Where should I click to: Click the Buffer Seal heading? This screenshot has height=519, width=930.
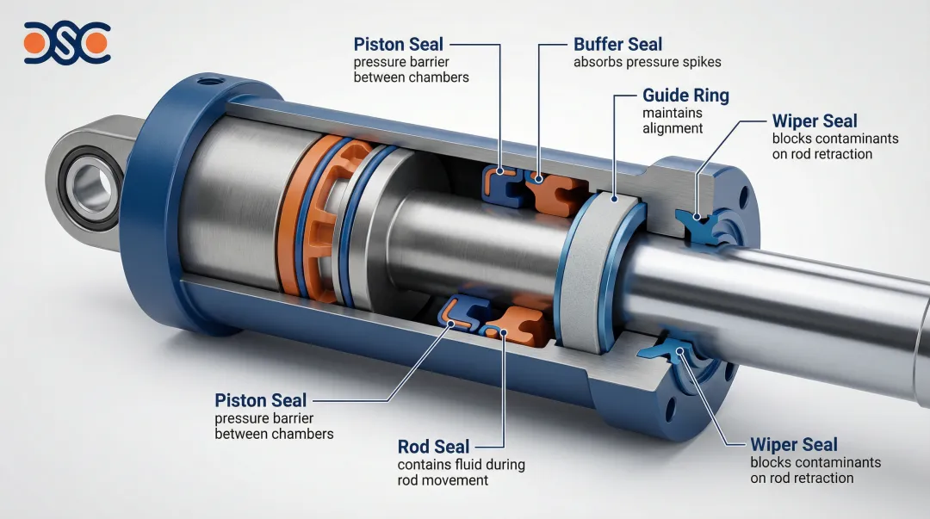pyautogui.click(x=617, y=45)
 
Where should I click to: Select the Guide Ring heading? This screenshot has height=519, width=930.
pyautogui.click(x=685, y=96)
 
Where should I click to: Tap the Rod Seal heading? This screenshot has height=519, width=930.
pyautogui.click(x=433, y=447)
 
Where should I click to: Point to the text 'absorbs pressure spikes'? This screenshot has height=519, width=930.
pyautogui.click(x=647, y=62)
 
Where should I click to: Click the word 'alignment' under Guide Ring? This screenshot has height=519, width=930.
pyautogui.click(x=673, y=129)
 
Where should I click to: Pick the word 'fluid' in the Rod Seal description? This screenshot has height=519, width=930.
pyautogui.click(x=462, y=465)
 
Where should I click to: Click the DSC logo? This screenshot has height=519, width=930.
pyautogui.click(x=67, y=43)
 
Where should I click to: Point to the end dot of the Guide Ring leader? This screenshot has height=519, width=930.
pyautogui.click(x=615, y=199)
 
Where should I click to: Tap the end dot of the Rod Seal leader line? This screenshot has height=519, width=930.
pyautogui.click(x=503, y=333)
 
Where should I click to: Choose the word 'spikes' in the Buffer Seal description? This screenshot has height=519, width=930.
pyautogui.click(x=703, y=62)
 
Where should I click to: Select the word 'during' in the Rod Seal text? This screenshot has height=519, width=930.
pyautogui.click(x=502, y=465)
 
